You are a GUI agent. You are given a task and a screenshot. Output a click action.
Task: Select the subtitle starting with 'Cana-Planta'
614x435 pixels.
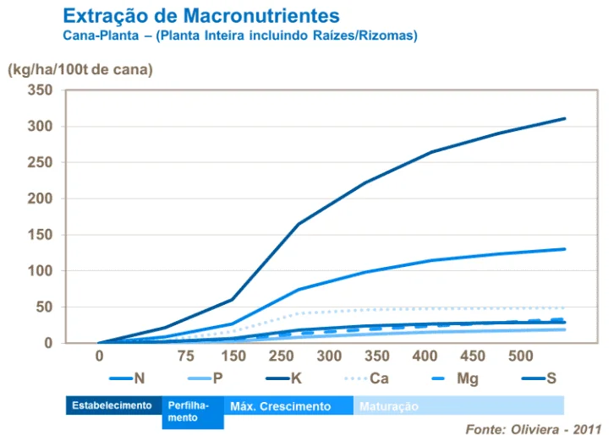[240, 36]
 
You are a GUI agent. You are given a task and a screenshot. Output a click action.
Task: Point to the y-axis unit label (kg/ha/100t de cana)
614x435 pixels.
[80, 70]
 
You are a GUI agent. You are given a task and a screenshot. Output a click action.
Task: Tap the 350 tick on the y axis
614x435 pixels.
[40, 90]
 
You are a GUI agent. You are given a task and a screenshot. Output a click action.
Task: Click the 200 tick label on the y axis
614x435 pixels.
[40, 199]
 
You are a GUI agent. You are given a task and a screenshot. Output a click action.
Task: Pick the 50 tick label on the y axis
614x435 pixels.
[44, 307]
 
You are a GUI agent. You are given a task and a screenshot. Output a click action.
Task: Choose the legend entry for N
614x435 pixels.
[127, 378]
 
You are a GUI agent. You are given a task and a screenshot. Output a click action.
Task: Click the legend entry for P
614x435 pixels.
[204, 378]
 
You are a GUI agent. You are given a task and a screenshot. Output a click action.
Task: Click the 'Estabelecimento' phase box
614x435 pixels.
[112, 406]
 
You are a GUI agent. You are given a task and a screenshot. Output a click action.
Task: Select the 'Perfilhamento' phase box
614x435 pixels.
[191, 411]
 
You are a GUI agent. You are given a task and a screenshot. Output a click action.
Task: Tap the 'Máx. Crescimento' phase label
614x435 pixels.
[280, 406]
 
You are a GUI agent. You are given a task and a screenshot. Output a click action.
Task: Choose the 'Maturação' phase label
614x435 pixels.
[389, 407]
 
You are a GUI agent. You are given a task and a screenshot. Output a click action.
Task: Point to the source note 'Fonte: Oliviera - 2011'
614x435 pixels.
[533, 427]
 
